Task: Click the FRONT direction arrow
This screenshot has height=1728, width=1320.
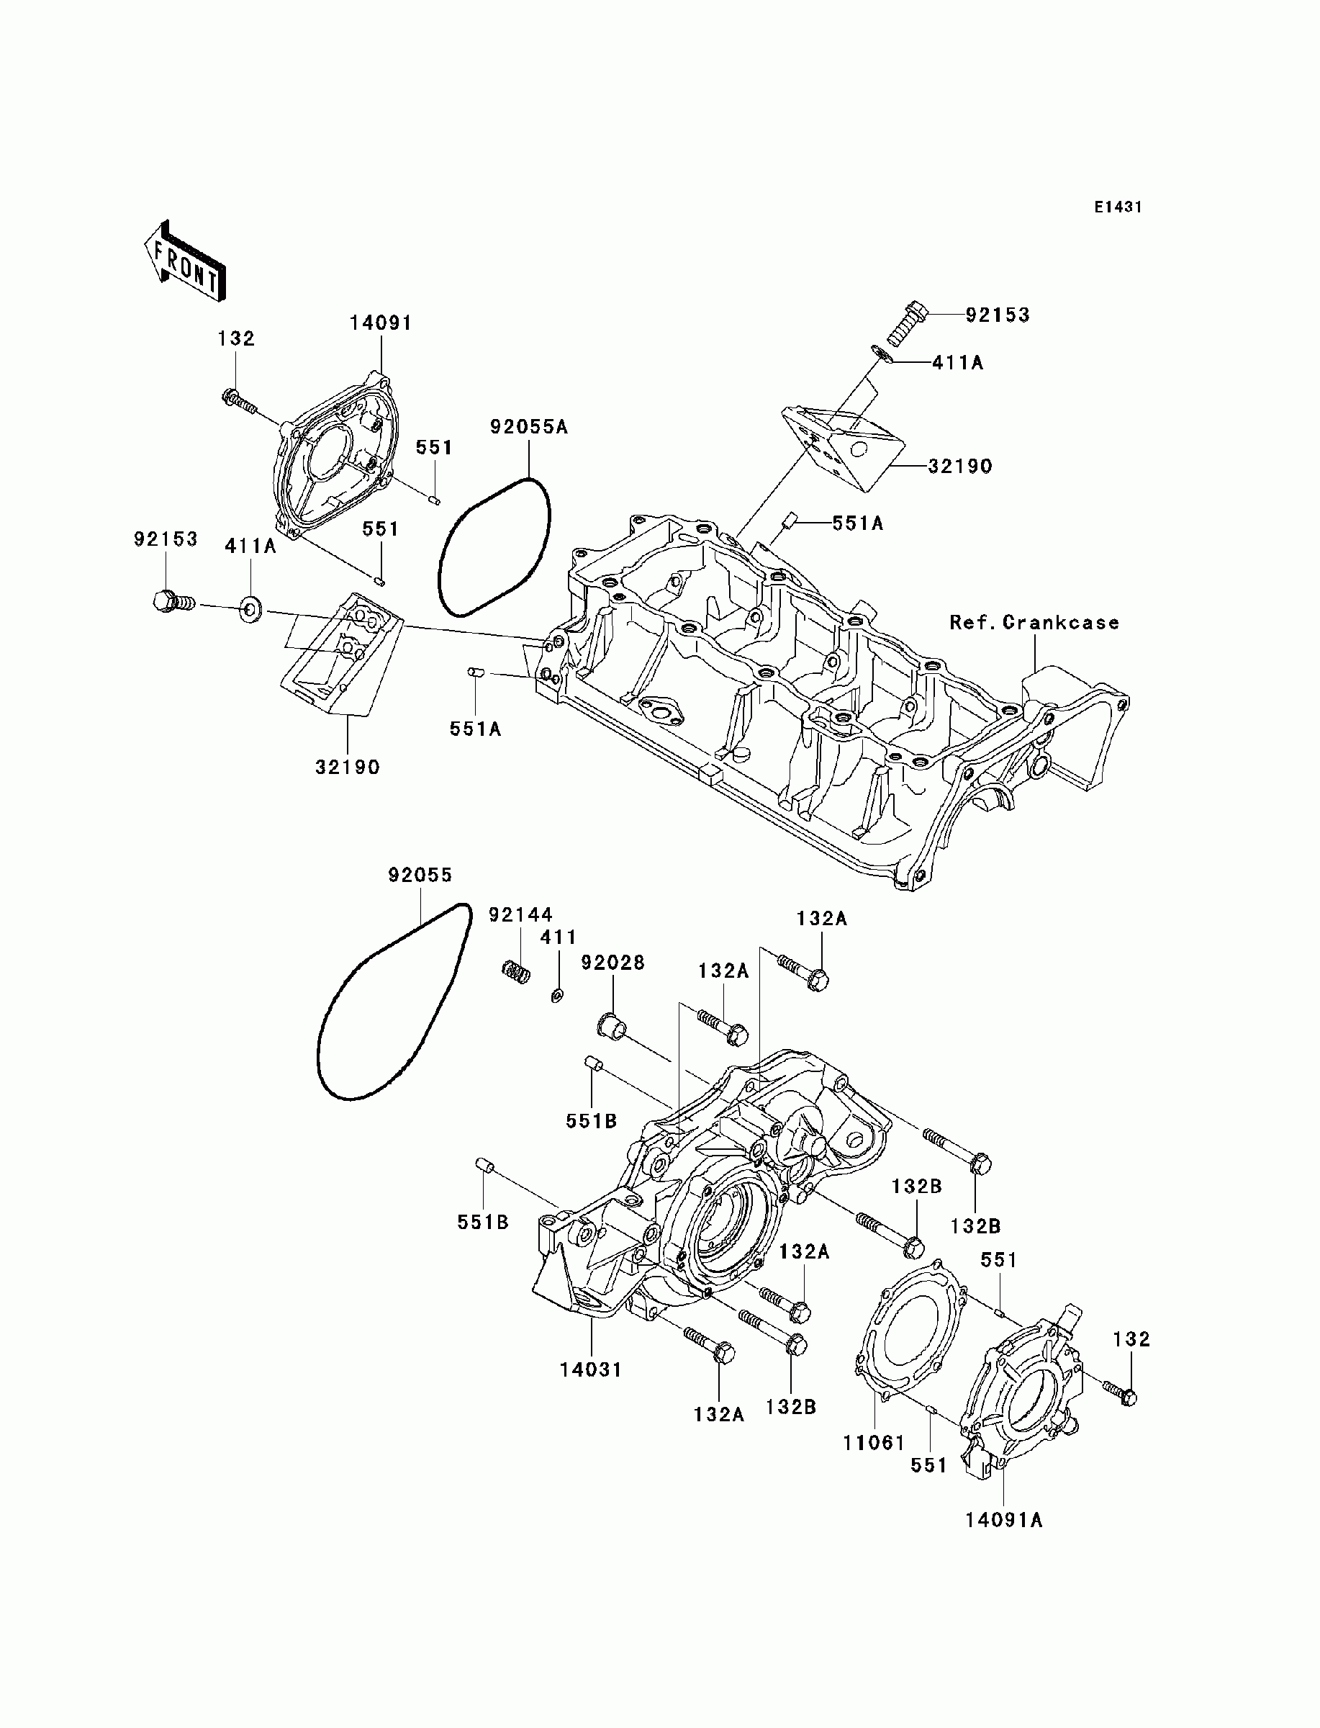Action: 185,261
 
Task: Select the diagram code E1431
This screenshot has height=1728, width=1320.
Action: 1118,207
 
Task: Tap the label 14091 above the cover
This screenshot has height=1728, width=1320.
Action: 381,323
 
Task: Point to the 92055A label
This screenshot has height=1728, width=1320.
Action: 529,427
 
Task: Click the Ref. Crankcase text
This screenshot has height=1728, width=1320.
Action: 1034,622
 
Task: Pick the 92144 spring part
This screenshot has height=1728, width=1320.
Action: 516,971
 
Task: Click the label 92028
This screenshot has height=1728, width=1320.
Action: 613,963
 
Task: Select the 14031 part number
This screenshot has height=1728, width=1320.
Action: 591,1369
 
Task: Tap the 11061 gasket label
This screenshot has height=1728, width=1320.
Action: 874,1443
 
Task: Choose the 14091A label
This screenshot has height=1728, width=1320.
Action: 1004,1520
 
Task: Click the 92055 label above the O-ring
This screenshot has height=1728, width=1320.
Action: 420,875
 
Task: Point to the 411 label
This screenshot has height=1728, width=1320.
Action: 559,937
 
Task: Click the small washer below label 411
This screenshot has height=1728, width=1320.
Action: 556,996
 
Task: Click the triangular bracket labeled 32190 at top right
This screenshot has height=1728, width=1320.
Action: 840,447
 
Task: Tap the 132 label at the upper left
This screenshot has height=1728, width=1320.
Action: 237,338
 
